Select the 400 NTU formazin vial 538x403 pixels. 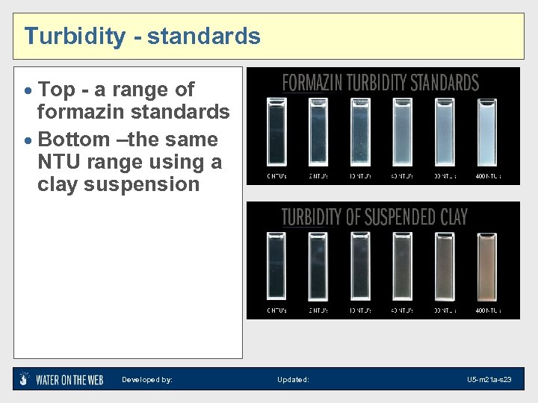[x=487, y=132]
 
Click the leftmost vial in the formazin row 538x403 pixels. [x=276, y=132]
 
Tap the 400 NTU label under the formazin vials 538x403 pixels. [x=488, y=177]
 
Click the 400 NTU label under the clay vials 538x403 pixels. [x=488, y=310]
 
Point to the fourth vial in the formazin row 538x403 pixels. [x=403, y=132]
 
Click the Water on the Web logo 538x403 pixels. [x=61, y=379]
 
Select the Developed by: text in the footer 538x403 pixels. [x=147, y=380]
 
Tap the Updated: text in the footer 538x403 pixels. [x=293, y=380]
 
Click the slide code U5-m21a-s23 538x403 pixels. [x=489, y=380]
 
